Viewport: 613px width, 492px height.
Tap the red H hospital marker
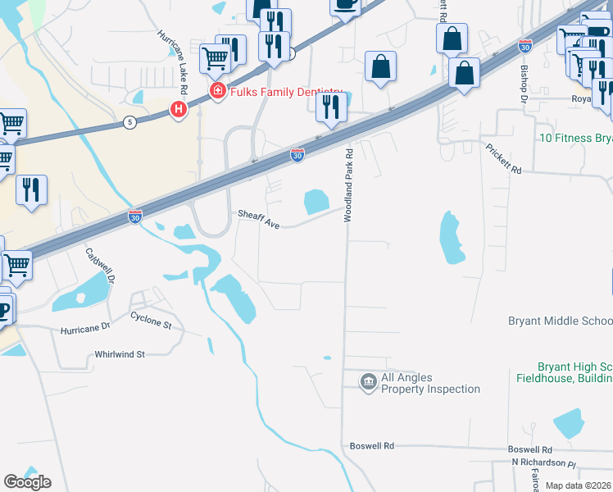pos(177,108)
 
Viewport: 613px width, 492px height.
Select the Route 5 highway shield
pos(129,122)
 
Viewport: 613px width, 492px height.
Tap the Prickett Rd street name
pos(503,159)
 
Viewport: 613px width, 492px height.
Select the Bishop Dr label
pos(521,82)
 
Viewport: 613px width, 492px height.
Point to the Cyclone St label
pos(151,321)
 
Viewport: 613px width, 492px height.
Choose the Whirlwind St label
pos(120,354)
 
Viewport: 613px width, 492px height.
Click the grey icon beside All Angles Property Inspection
pos(368,382)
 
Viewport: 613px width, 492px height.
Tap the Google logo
pos(26,481)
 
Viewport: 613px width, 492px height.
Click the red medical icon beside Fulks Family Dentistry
pos(217,90)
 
